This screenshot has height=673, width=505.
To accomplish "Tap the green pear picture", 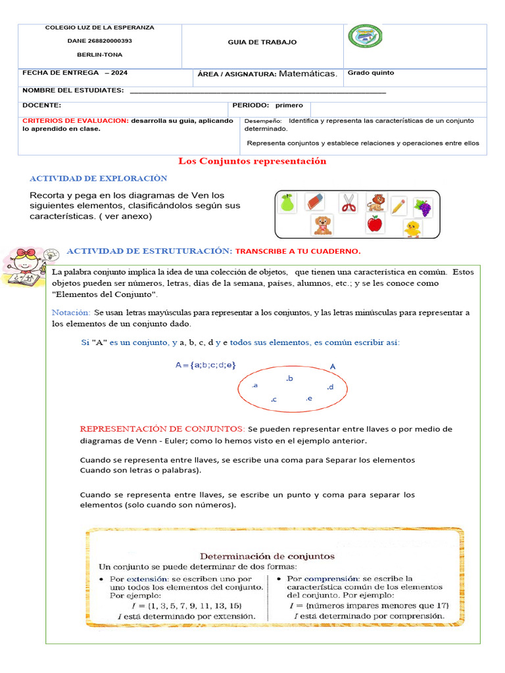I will coord(286,202).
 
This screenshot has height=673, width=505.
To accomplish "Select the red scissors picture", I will coord(348,202).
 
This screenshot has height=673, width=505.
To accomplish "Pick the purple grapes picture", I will coord(422,208).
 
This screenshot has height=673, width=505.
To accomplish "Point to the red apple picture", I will coord(374,224).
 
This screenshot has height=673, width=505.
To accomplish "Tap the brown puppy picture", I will coord(322,225).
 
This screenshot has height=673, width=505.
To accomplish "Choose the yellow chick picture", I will coord(413,229).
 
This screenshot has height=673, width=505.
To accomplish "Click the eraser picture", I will coord(316,201).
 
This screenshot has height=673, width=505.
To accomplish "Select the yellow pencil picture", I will coord(398,206).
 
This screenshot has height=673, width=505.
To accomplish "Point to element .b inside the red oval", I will coord(289,379).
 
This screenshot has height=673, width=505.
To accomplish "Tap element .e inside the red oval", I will coord(308,398).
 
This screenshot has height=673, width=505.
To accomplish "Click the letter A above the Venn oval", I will coord(333,366).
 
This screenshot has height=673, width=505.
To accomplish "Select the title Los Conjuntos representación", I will coord(252,161).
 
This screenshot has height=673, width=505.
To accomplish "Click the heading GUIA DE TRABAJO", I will coord(262,42).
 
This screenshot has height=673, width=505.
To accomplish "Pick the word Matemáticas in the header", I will coord(308,74).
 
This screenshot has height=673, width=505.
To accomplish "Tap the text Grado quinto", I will coord(371,73).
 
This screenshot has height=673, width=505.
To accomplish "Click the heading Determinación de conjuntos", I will coord(267,556).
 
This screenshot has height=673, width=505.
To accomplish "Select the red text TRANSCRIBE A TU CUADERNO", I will coord(298,252).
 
